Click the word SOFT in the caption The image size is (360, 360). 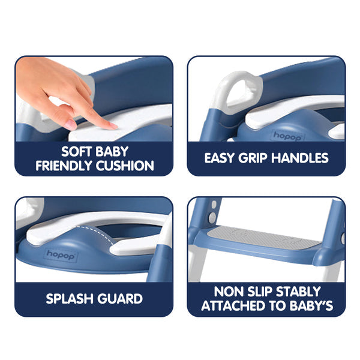tap(79, 152)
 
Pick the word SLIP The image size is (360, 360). tap(261, 292)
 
